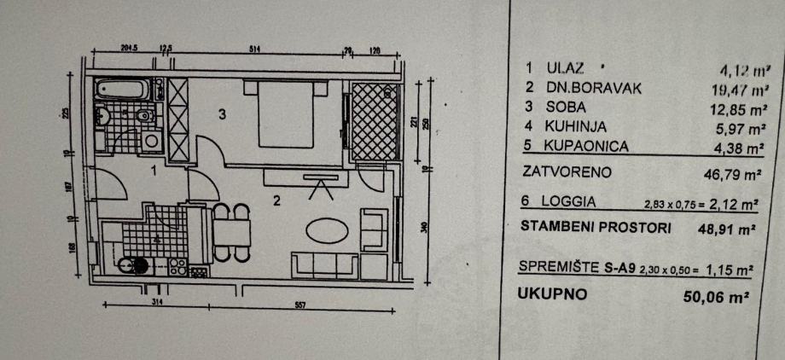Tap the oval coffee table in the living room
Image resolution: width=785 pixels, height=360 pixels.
(x=328, y=231)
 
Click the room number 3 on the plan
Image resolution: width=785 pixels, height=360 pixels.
(x=222, y=116)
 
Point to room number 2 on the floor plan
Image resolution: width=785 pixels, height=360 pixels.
(x=276, y=202)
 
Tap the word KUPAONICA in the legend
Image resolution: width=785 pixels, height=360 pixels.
(x=582, y=147)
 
